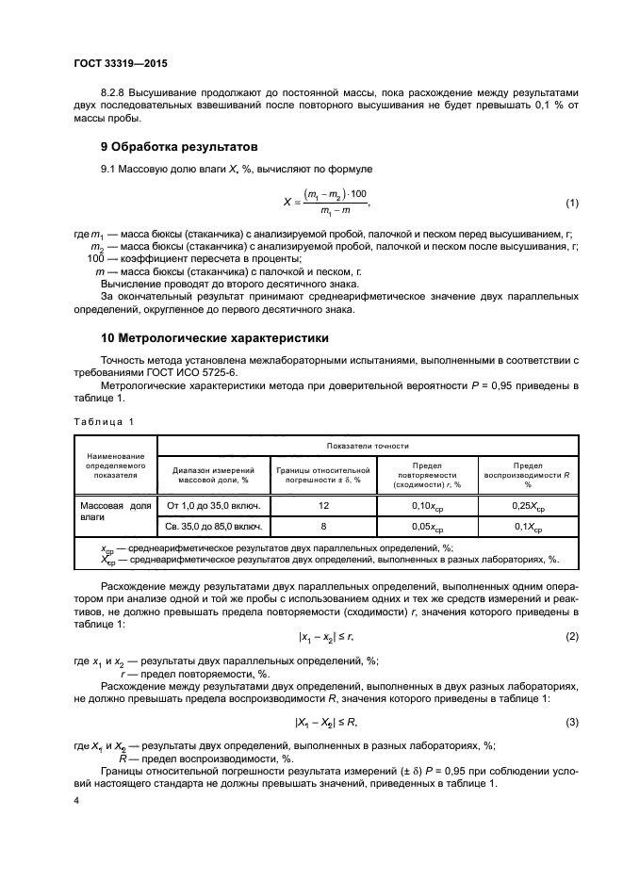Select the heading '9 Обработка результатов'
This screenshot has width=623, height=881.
click(x=181, y=147)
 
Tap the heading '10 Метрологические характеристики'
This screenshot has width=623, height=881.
click(x=216, y=336)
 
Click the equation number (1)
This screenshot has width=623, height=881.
click(x=571, y=204)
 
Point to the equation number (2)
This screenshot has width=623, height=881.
click(x=571, y=636)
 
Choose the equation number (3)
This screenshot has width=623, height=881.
click(x=571, y=723)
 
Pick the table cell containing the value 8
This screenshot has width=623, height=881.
click(x=323, y=527)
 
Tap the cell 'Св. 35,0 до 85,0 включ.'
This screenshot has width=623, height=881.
click(x=212, y=527)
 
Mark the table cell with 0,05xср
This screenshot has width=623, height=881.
click(x=427, y=527)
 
